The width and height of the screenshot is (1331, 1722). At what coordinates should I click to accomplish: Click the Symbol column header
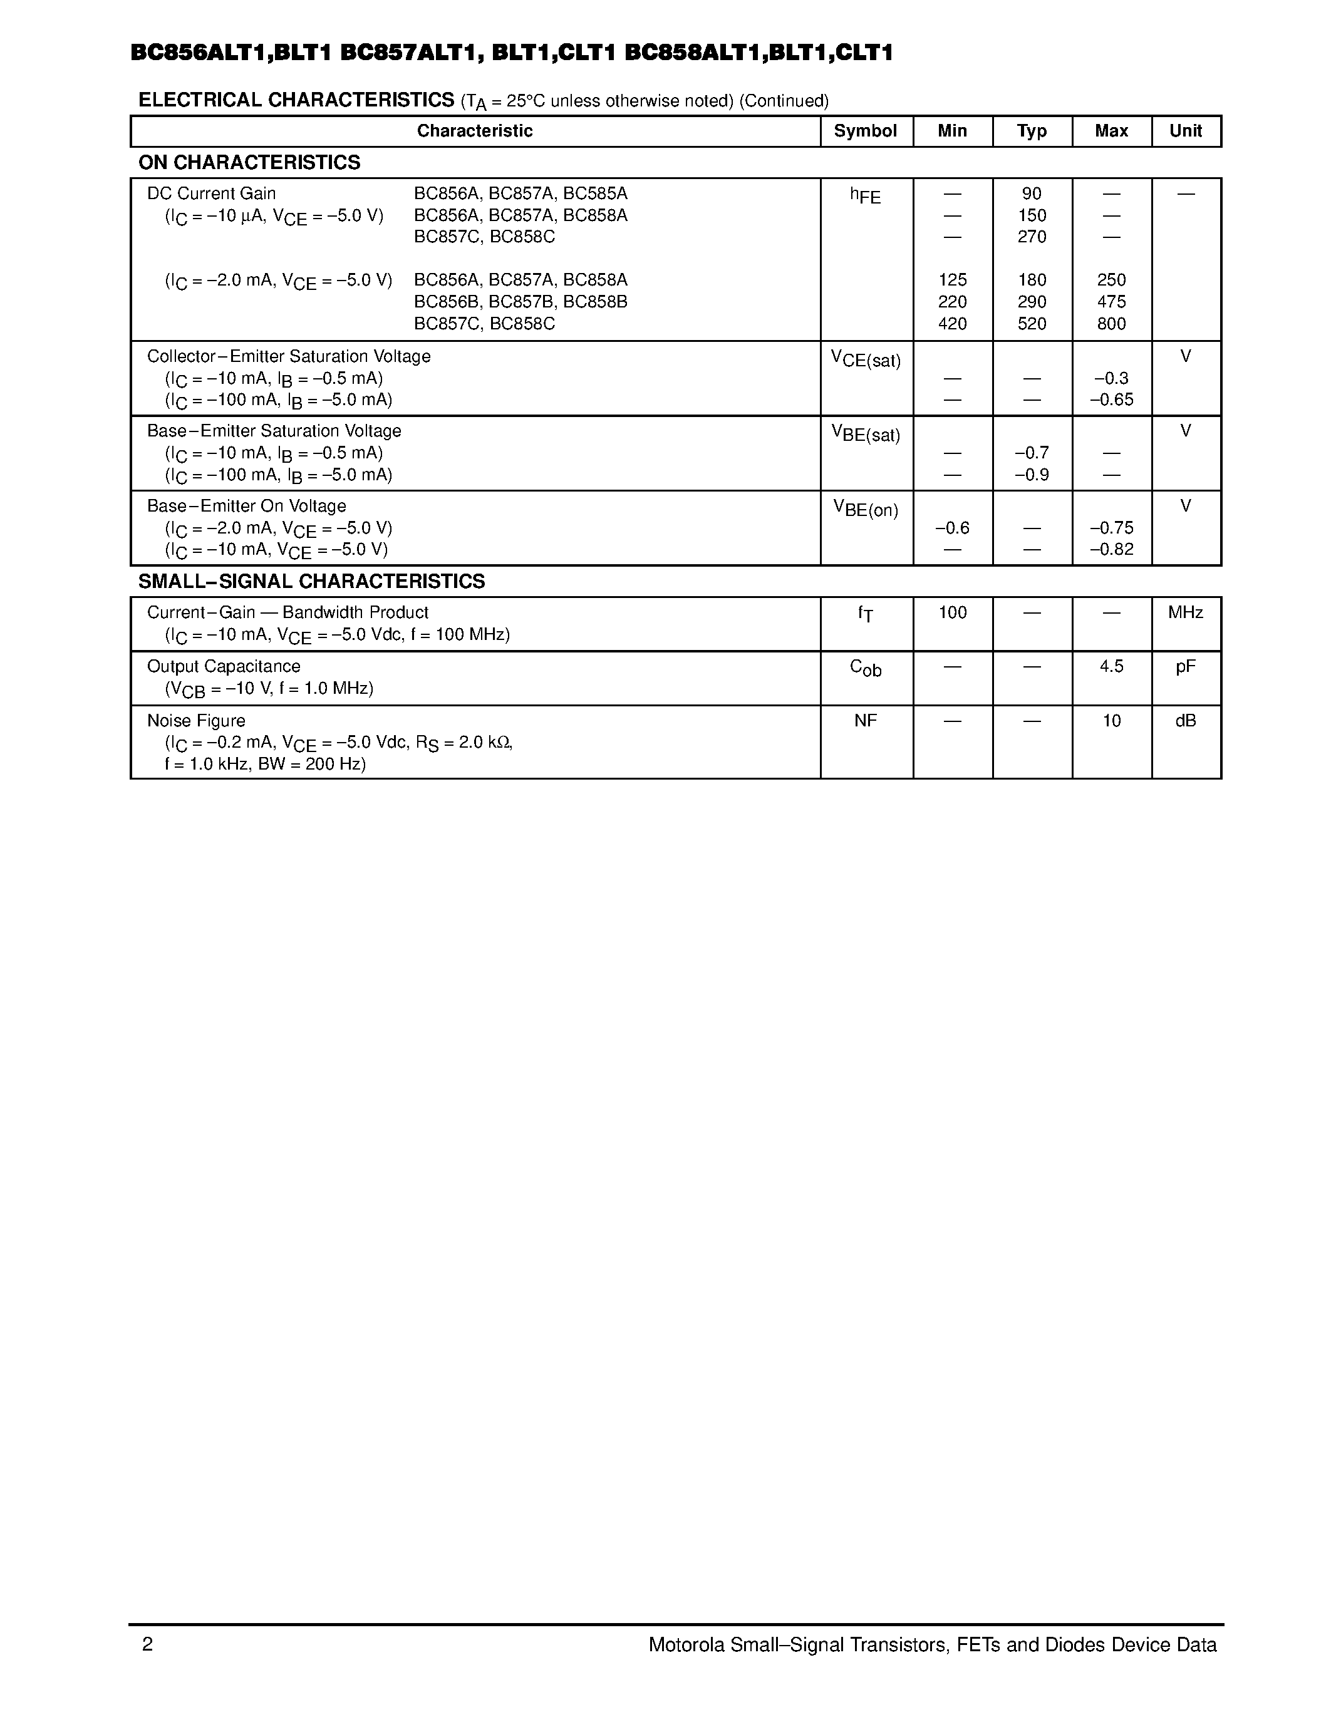[865, 131]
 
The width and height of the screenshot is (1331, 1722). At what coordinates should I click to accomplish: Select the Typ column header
[1032, 131]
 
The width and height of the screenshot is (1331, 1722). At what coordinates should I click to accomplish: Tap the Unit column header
[1185, 131]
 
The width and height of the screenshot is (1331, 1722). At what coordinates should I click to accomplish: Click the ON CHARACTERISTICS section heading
[249, 162]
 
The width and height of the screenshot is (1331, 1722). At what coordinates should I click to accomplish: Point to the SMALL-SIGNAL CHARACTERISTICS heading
[311, 581]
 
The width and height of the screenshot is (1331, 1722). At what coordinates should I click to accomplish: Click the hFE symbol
[865, 195]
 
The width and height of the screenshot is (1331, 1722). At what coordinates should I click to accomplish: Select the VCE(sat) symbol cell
[865, 359]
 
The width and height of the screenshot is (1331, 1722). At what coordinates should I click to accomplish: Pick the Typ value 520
[1032, 323]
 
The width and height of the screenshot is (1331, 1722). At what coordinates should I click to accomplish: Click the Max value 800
[1111, 323]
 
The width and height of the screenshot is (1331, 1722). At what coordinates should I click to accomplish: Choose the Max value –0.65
[1111, 400]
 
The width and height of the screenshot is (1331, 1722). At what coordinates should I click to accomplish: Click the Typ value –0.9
[1032, 475]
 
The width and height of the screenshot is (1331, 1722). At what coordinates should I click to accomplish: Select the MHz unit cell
[1185, 612]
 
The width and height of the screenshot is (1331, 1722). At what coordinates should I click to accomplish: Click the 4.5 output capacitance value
[1111, 666]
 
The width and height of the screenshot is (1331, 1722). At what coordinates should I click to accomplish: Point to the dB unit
[1185, 721]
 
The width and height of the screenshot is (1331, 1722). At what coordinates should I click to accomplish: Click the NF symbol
[865, 721]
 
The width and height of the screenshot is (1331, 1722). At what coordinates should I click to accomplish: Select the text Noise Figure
[196, 721]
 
